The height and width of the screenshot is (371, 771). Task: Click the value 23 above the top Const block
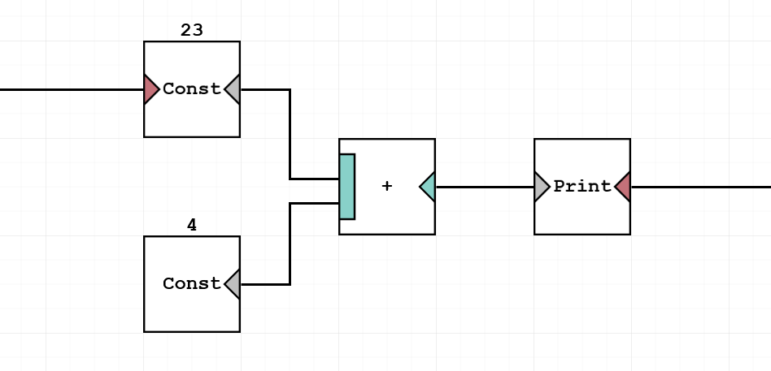pyautogui.click(x=192, y=31)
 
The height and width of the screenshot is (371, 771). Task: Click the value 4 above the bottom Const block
pyautogui.click(x=192, y=226)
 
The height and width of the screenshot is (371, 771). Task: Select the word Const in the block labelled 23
pyautogui.click(x=192, y=89)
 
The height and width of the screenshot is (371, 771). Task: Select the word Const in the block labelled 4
pyautogui.click(x=192, y=284)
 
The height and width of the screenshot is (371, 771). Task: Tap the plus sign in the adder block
pyautogui.click(x=387, y=187)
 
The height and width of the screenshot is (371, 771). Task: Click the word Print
pyautogui.click(x=582, y=187)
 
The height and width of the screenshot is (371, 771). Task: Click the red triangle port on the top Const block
pyautogui.click(x=150, y=89)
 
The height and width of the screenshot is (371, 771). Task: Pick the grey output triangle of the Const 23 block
pyautogui.click(x=233, y=89)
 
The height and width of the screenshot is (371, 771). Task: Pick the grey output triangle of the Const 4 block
pyautogui.click(x=233, y=284)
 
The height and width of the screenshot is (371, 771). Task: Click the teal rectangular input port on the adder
pyautogui.click(x=347, y=187)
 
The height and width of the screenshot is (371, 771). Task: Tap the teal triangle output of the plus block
pyautogui.click(x=429, y=187)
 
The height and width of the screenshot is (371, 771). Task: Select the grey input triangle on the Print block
pyautogui.click(x=541, y=187)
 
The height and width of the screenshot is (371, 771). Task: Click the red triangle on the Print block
pyautogui.click(x=623, y=187)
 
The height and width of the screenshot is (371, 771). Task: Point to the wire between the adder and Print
pyautogui.click(x=485, y=187)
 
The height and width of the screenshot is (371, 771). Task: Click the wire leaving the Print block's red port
pyautogui.click(x=699, y=187)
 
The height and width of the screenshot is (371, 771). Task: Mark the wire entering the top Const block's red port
pyautogui.click(x=73, y=89)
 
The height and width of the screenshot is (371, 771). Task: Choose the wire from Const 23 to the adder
pyautogui.click(x=290, y=134)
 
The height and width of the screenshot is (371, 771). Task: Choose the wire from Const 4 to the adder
pyautogui.click(x=290, y=244)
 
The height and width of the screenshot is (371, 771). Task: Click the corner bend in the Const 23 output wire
pyautogui.click(x=290, y=90)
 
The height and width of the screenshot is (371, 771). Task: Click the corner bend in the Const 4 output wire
pyautogui.click(x=290, y=284)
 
